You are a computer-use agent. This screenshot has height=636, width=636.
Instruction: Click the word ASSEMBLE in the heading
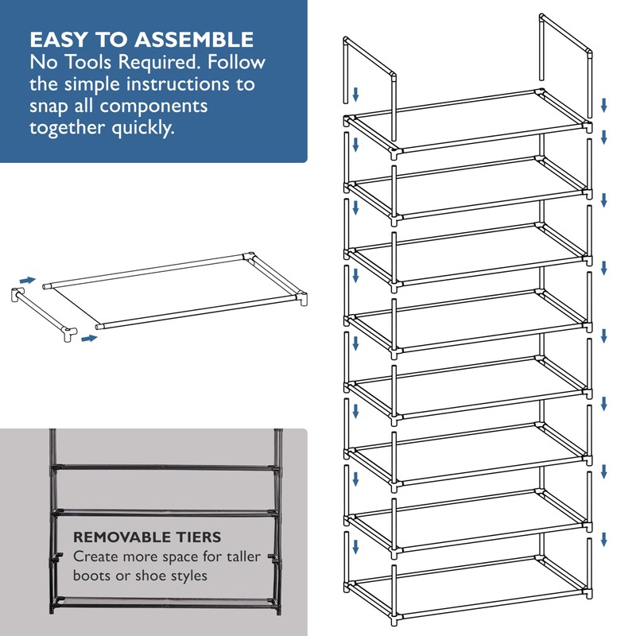194,40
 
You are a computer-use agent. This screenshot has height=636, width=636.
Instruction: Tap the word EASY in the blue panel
58,40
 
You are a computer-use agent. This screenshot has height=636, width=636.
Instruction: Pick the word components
153,107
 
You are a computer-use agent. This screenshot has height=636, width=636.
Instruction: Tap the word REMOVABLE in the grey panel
121,537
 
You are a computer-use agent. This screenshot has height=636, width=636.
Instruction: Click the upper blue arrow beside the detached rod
28,280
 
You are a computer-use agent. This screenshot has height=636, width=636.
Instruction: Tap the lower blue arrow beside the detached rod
89,339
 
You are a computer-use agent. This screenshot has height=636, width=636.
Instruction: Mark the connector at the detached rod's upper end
17,294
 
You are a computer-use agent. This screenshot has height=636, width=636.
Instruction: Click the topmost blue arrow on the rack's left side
355,95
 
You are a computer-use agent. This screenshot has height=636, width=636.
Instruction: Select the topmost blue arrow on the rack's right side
603,105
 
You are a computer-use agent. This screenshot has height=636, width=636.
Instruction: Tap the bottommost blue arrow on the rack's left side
355,546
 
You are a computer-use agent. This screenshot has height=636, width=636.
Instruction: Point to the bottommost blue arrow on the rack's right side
603,539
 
